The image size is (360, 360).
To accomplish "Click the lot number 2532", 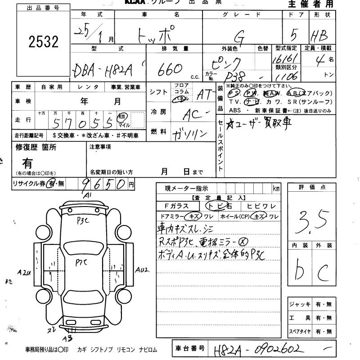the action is (x=43, y=42).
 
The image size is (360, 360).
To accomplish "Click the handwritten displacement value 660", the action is (x=170, y=69).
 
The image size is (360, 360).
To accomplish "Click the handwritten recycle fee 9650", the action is (x=103, y=184).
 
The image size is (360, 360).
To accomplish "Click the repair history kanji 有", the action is (x=27, y=163).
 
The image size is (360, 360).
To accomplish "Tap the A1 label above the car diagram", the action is (x=87, y=195).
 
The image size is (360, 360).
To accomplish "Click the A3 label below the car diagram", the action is (x=67, y=339).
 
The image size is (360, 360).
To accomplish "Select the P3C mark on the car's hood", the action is (x=83, y=221).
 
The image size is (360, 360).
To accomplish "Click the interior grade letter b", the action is (x=300, y=270).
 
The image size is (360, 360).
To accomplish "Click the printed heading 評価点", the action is (x=311, y=187).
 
